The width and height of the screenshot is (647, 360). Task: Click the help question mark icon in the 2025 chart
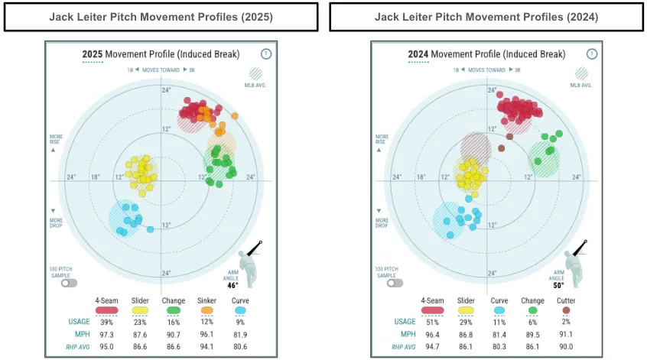tap(265, 54)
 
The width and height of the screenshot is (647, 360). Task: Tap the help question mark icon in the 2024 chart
tap(592, 54)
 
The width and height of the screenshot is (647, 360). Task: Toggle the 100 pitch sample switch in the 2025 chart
tap(70, 282)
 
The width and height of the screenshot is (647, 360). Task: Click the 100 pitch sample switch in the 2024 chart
tap(395, 282)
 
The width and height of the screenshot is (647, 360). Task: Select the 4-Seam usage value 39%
tap(106, 322)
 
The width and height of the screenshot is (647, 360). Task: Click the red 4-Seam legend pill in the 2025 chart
tap(106, 310)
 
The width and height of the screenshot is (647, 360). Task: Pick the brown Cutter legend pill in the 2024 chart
tap(565, 310)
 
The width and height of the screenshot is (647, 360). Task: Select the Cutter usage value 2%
tap(565, 322)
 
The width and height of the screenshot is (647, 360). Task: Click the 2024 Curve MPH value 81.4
tap(498, 334)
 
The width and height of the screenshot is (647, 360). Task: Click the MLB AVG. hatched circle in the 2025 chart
tap(255, 75)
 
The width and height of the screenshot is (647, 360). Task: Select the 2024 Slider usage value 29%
tap(465, 322)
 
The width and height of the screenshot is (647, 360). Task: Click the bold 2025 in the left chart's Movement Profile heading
tap(92, 54)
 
